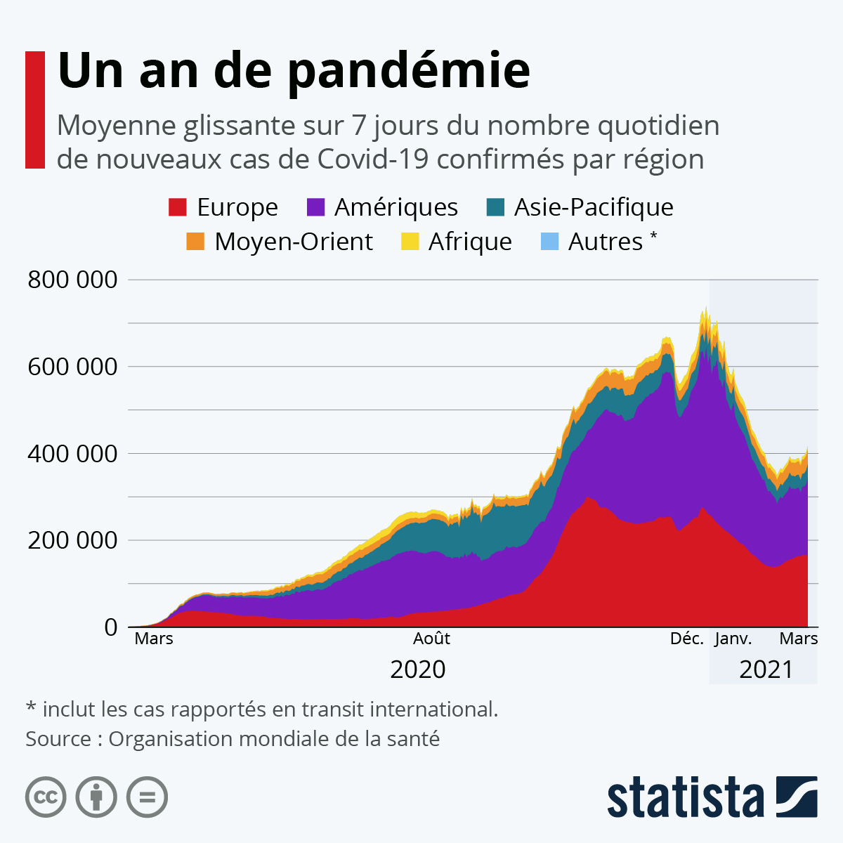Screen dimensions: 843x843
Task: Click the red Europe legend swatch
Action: pos(178,207)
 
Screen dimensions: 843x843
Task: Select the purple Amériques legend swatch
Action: pos(316,207)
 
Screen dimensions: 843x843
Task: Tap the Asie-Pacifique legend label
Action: pos(594,207)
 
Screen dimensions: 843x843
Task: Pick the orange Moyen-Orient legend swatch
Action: pos(195,242)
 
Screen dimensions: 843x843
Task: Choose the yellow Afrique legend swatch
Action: pos(410,242)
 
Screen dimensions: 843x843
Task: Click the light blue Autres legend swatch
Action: pos(549,242)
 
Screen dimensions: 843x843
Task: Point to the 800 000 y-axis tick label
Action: pos(72,280)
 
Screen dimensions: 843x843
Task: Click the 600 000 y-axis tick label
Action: pos(72,367)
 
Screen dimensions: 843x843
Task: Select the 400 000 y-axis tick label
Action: pos(72,454)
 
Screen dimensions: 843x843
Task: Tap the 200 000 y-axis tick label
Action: pos(72,540)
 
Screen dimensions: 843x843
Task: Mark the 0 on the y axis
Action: pos(111,627)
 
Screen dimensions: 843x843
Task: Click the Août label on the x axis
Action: pos(431,639)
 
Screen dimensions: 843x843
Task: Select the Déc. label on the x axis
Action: pos(686,639)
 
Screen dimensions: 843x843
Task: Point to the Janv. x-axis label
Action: pos(733,639)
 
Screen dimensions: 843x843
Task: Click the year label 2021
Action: pos(766,669)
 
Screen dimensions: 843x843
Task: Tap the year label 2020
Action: pos(418,669)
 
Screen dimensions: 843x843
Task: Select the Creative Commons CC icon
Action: pos(46,797)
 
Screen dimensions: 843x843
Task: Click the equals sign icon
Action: pos(147,797)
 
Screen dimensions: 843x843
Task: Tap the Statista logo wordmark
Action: pos(685,797)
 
